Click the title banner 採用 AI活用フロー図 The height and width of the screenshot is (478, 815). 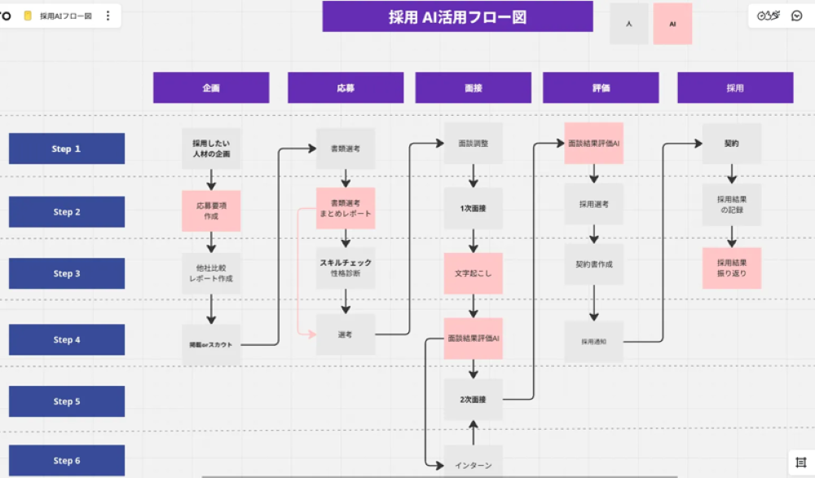[457, 16]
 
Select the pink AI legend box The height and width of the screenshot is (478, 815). [672, 24]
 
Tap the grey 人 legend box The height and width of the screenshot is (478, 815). [629, 24]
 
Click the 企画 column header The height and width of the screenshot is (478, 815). [211, 88]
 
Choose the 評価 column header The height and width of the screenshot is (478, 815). [601, 88]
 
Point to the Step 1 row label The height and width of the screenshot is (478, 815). [67, 148]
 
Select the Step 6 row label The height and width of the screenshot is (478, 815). [67, 460]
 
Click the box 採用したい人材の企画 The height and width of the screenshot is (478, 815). [211, 148]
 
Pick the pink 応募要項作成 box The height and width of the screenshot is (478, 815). [211, 210]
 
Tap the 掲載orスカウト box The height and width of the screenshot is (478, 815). [211, 344]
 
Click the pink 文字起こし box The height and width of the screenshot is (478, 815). [473, 273]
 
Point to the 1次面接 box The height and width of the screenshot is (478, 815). [473, 209]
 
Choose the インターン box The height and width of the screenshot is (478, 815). [473, 463]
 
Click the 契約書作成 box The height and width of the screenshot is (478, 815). [594, 264]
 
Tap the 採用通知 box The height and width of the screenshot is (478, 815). [594, 341]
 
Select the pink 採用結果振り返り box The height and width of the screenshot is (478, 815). [731, 268]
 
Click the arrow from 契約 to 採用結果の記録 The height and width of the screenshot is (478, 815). [732, 173]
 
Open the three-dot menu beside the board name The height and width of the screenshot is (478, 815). [108, 15]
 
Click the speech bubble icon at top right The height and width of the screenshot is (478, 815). [797, 15]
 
